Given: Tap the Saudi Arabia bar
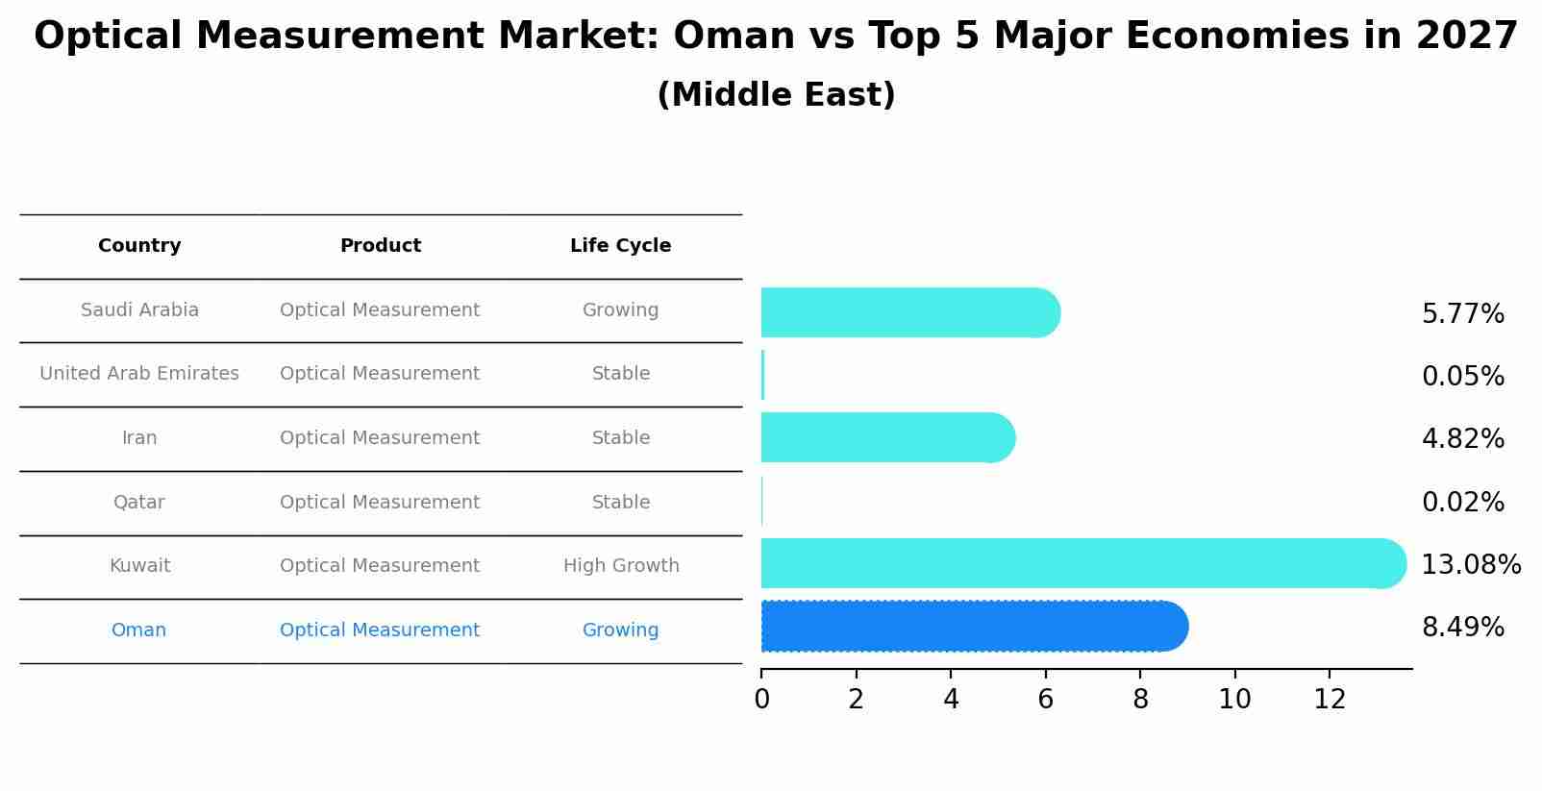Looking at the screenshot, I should [x=908, y=312].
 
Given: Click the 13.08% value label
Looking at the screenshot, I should [x=1470, y=565].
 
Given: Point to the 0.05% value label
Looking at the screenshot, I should [x=1462, y=377].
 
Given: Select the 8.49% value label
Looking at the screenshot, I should [x=1462, y=628].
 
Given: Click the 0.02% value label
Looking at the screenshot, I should [x=1462, y=503].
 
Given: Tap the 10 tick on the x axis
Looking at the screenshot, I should [x=1234, y=700].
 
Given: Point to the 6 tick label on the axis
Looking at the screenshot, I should [x=1045, y=700].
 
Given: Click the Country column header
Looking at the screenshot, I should [x=139, y=246].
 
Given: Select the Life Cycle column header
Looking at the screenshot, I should [x=620, y=246].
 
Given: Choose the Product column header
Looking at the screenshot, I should [x=381, y=246].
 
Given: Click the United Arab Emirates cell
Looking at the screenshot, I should [x=139, y=374].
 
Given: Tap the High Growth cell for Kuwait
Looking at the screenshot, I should [x=621, y=566].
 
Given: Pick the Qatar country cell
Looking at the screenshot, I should [x=139, y=503].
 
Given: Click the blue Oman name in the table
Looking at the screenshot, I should [x=139, y=630].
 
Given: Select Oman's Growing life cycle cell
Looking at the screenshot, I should [x=620, y=630].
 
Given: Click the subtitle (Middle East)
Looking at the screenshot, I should [x=776, y=95].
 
